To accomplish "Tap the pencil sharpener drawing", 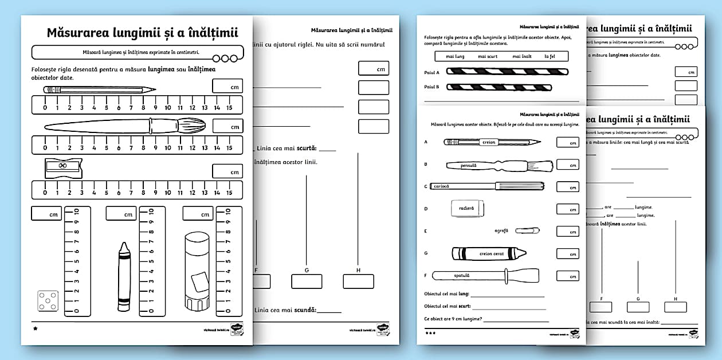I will pyautogui.click(x=63, y=168).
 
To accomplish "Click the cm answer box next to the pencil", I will pyautogui.click(x=227, y=87).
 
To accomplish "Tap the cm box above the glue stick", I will pyautogui.click(x=198, y=214).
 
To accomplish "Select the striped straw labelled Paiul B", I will pyautogui.click(x=499, y=88).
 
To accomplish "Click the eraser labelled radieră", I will pyautogui.click(x=468, y=209).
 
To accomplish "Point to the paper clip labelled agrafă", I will pyautogui.click(x=527, y=230).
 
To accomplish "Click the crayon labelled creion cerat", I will pyautogui.click(x=489, y=253).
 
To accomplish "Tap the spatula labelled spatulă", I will pyautogui.click(x=486, y=276).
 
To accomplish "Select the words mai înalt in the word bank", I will pyautogui.click(x=522, y=56).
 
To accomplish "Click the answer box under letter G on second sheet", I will pyautogui.click(x=307, y=281).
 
